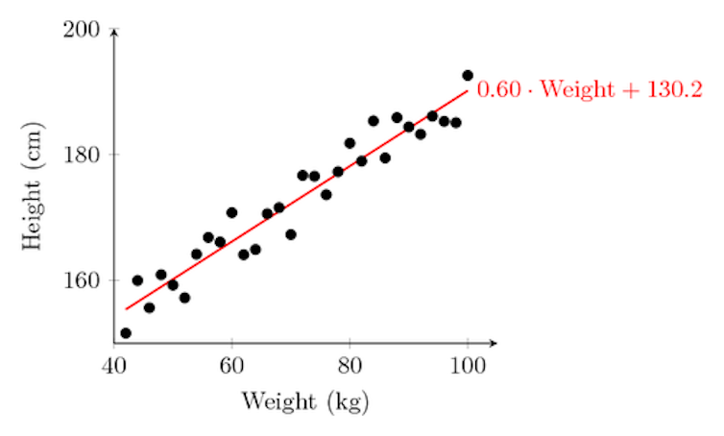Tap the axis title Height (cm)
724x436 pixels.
[x=35, y=187]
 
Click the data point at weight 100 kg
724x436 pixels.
[x=468, y=75]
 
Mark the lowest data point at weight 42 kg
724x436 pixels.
[x=126, y=333]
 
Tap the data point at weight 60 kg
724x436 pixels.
[x=231, y=212]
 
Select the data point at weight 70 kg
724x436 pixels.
[x=291, y=234]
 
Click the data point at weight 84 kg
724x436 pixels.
[x=374, y=121]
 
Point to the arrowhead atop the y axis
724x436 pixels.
[x=114, y=32]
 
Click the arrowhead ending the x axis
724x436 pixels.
[x=494, y=342]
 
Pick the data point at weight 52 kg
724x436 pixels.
[x=184, y=298]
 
